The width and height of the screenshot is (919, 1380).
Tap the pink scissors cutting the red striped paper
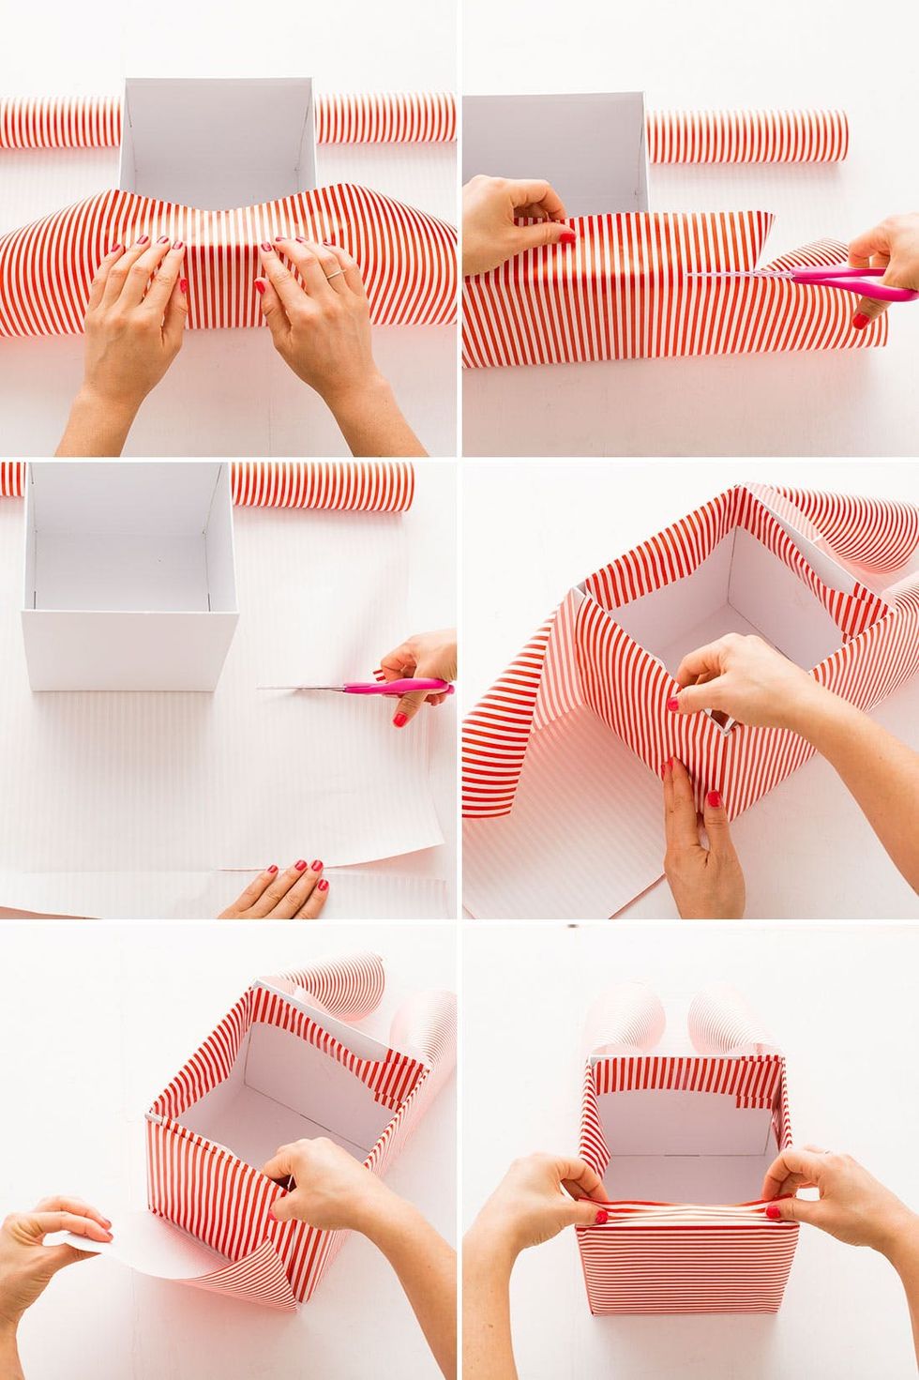[x=825, y=276]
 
